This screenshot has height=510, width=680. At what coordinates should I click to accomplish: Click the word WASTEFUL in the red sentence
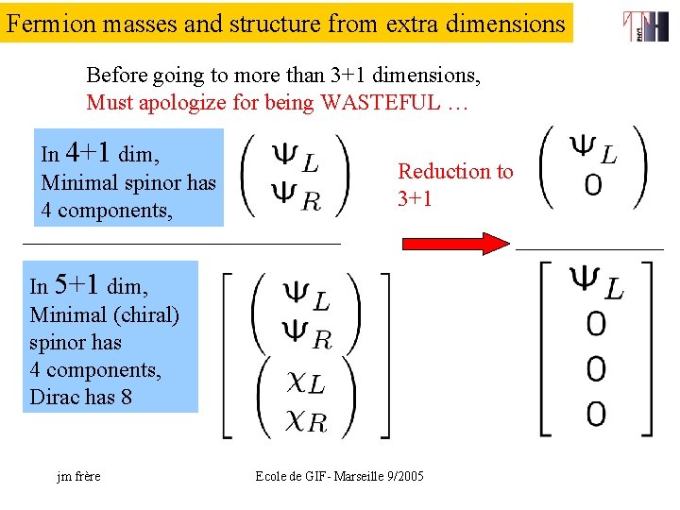(382, 102)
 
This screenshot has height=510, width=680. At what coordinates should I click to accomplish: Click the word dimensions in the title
(506, 23)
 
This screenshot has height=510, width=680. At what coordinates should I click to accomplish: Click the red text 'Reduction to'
(455, 171)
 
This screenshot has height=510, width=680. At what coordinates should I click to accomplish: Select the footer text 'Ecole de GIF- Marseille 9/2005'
(340, 476)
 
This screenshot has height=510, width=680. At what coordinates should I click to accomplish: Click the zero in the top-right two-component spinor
(592, 185)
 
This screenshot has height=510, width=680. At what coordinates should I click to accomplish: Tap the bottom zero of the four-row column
(595, 414)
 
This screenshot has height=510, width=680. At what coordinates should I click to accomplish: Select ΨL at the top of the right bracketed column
(595, 280)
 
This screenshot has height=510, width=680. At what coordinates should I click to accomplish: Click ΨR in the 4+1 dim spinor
(296, 195)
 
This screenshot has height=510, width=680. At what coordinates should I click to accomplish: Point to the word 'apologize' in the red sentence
(176, 102)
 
